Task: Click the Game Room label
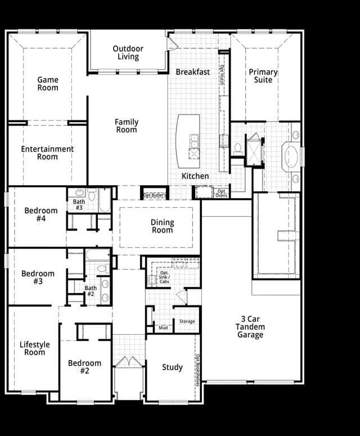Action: [x=48, y=84]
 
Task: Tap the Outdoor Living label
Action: [x=128, y=52]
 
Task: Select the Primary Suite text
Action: [x=263, y=76]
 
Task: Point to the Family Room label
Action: [x=127, y=125]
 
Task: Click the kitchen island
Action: [x=188, y=141]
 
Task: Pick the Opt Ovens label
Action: [x=221, y=194]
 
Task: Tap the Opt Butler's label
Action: [x=155, y=195]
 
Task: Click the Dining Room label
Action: [x=163, y=226]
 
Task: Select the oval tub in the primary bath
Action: [x=291, y=157]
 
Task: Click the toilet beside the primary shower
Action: [x=238, y=149]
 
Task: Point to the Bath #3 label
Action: [x=79, y=204]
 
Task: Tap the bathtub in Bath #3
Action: [x=105, y=200]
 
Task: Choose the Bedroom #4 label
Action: [x=41, y=214]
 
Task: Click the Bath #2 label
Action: [x=91, y=291]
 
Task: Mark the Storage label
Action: [x=187, y=321]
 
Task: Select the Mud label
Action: [x=163, y=328]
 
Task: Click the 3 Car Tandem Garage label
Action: [x=250, y=327]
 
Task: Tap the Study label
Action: [x=172, y=367]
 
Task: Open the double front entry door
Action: [x=129, y=362]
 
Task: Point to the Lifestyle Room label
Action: [x=34, y=348]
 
